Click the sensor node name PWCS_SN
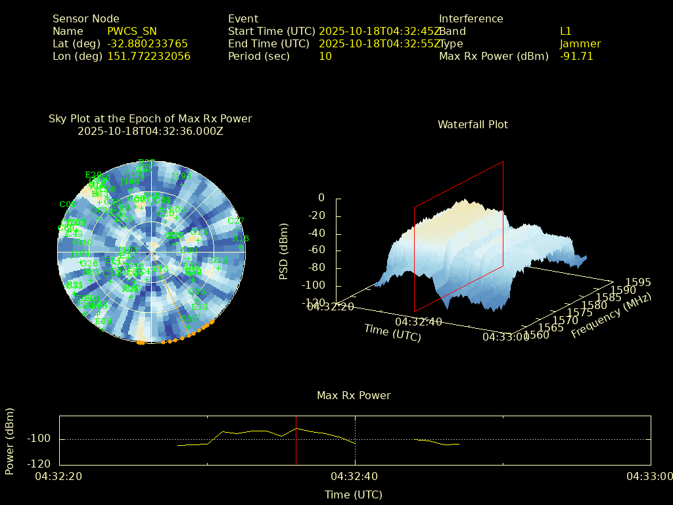point(132,32)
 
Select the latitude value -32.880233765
point(147,44)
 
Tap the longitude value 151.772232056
point(149,57)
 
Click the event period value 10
point(325,57)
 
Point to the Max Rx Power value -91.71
point(576,57)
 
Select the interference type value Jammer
point(580,44)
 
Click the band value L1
point(566,32)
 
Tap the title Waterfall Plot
point(473,125)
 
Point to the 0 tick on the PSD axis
point(321,198)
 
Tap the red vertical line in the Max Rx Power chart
point(296,441)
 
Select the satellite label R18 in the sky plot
point(241,239)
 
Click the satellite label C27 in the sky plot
point(236,222)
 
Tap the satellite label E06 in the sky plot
point(103,322)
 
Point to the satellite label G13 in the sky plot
point(198,232)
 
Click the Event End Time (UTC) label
point(268,44)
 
